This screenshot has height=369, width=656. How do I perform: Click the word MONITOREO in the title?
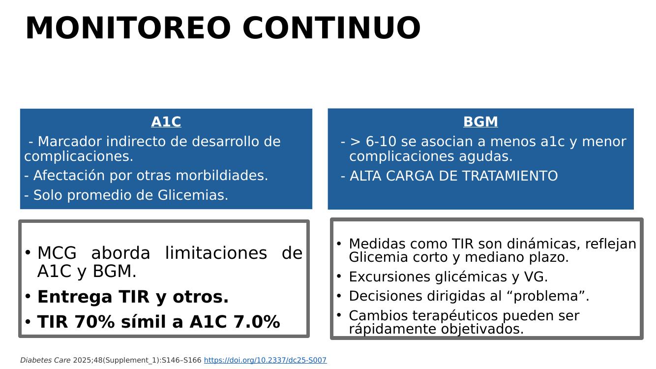[x=128, y=28]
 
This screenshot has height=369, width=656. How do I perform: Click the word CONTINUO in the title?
[x=332, y=28]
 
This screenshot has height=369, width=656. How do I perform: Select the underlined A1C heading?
[x=166, y=122]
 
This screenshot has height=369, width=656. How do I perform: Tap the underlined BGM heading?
[x=480, y=122]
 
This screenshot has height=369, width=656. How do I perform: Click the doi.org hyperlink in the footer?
[x=266, y=360]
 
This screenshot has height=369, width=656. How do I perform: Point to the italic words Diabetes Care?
[x=45, y=360]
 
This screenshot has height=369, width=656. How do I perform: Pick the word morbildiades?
[x=222, y=175]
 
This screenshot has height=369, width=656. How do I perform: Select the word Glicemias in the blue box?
[x=193, y=195]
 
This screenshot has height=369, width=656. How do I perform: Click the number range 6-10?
[x=381, y=141]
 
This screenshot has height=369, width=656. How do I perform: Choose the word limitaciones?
[x=216, y=253]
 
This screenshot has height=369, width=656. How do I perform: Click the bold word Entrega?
[x=75, y=297]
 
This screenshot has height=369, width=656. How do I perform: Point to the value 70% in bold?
[x=94, y=321]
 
